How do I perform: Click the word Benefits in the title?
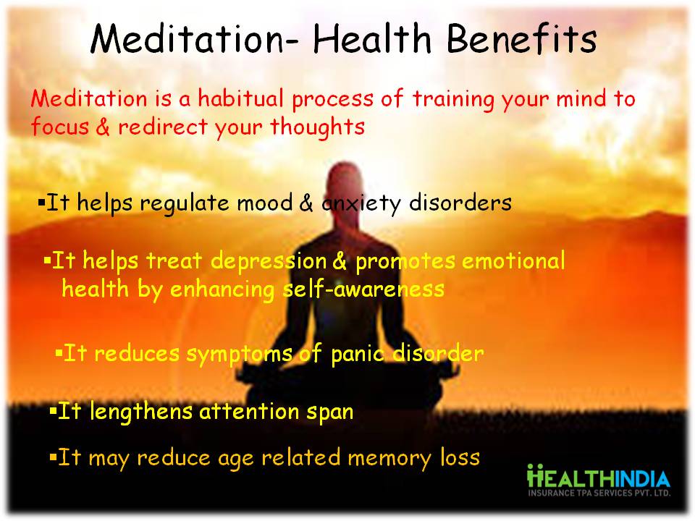point(522,39)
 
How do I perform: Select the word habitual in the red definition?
point(240,98)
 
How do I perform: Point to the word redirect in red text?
point(163,126)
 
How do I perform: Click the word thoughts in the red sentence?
point(317,126)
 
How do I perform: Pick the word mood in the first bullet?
point(265,203)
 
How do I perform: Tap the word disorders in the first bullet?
point(460,203)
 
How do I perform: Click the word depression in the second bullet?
point(269,261)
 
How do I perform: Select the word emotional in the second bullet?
point(513,260)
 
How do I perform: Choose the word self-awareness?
point(363,289)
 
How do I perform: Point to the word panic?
point(358,354)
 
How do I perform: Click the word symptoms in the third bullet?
point(239,355)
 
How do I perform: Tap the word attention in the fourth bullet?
point(250,411)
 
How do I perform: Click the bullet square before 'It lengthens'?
point(53,410)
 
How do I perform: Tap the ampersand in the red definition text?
point(102,127)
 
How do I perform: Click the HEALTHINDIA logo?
point(599,480)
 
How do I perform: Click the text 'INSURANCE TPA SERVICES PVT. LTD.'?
point(599,493)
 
